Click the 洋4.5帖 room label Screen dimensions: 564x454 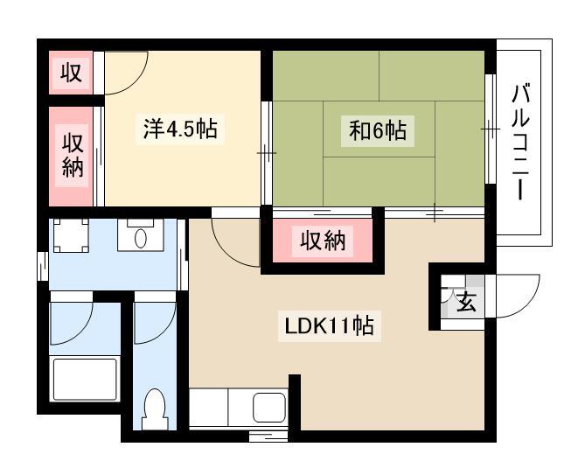180,129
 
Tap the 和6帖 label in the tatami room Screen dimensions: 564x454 378,130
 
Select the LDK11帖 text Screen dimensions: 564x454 329,325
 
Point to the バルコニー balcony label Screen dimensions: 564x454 520,142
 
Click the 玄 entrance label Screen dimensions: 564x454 467,301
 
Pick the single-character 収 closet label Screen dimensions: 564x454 71,73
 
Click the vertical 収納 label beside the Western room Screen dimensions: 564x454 73,156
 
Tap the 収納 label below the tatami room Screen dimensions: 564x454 323,241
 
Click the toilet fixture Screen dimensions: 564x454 155,410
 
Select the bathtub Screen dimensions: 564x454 85,379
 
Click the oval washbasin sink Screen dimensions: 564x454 141,238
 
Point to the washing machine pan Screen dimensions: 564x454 71,235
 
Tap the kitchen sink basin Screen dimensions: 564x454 269,408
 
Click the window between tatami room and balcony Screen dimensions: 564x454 491,129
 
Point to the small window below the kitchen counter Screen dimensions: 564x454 268,436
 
